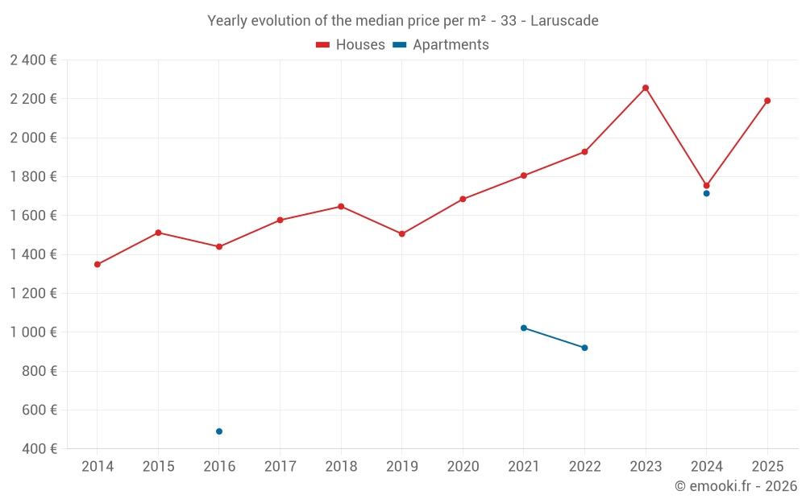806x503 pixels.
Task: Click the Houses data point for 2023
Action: (x=646, y=88)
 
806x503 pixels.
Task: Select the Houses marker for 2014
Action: (x=98, y=264)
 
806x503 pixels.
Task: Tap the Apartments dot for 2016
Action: (x=219, y=431)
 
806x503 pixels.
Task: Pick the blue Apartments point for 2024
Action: (x=706, y=193)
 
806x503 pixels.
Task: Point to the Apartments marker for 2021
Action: (x=524, y=328)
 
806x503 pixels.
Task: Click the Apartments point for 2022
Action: (x=584, y=348)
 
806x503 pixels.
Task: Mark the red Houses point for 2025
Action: (x=767, y=101)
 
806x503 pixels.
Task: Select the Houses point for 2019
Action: (x=402, y=233)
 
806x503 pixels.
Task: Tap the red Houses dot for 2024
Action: (x=706, y=185)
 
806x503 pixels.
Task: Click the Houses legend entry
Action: (x=351, y=45)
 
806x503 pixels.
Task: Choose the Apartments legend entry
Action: (x=441, y=45)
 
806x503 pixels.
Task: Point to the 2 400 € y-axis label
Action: (x=33, y=60)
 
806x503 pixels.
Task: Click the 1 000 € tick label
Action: (x=33, y=332)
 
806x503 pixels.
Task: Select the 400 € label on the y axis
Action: (x=38, y=449)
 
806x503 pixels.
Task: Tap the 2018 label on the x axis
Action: (x=341, y=466)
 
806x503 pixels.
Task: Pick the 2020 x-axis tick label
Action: (x=463, y=466)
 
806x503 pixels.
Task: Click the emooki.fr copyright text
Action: (x=735, y=486)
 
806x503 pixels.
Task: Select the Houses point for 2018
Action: (x=341, y=206)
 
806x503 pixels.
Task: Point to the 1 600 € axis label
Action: (x=33, y=216)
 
